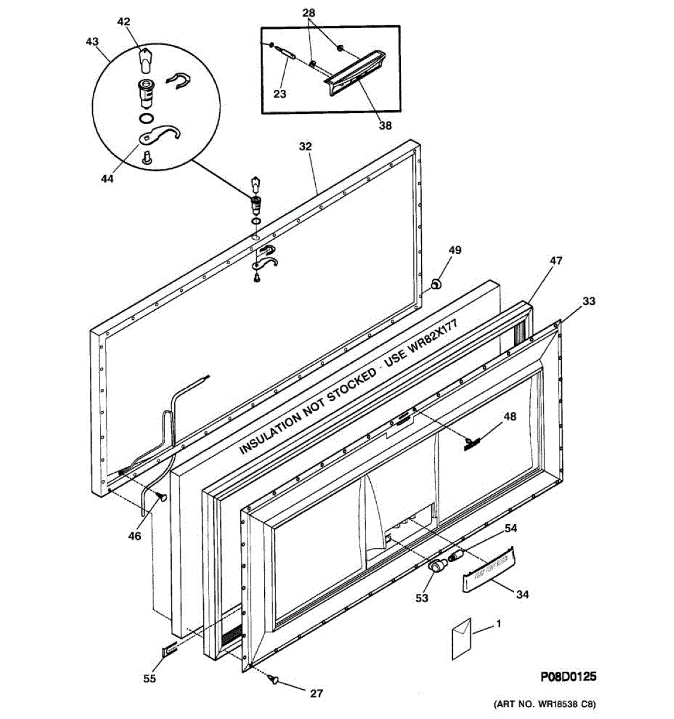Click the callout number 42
123,22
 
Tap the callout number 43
92,42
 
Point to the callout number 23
280,93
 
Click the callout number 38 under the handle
385,125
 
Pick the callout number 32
306,146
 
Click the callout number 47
557,261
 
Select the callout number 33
589,301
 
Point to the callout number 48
509,416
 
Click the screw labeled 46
162,497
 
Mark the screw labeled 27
275,679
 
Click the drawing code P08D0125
568,677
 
